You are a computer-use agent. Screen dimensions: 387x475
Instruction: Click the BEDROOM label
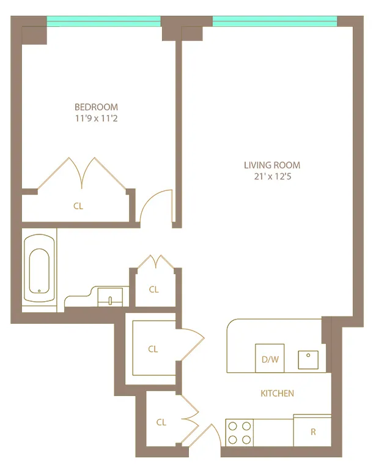(x=96, y=107)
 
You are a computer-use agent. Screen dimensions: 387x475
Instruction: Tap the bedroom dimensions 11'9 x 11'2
(x=96, y=118)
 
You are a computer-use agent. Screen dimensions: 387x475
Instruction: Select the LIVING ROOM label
(x=272, y=165)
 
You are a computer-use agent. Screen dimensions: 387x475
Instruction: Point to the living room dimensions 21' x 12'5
(x=273, y=176)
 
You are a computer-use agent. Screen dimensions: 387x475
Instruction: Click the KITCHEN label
(x=277, y=393)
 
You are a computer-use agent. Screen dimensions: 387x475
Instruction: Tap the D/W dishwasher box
(x=270, y=358)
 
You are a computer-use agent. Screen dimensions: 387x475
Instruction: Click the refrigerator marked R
(x=312, y=430)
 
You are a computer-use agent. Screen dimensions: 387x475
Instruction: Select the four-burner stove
(x=239, y=433)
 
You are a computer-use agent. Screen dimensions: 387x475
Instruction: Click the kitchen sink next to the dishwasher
(x=308, y=360)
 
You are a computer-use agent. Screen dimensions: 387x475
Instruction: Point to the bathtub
(x=39, y=268)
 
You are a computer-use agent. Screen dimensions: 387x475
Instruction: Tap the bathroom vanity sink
(x=110, y=297)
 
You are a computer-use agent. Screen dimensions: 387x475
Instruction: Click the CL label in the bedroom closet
(x=78, y=206)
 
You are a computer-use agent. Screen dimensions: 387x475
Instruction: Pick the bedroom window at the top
(x=103, y=21)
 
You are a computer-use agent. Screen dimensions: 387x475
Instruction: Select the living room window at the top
(x=275, y=21)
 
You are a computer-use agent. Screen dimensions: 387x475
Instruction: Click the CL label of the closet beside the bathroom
(x=153, y=290)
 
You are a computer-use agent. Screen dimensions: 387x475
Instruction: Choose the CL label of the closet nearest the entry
(x=161, y=422)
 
